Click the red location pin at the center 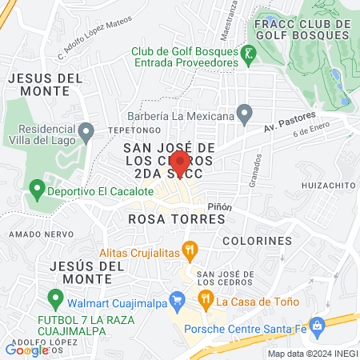[180, 163]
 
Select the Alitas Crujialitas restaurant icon [189, 251]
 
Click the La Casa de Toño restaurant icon [206, 301]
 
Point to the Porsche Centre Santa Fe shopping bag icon [318, 326]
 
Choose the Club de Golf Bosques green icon [249, 54]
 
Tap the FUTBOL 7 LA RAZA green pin [55, 299]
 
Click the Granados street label [258, 168]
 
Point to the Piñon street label [220, 206]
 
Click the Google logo [26, 349]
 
